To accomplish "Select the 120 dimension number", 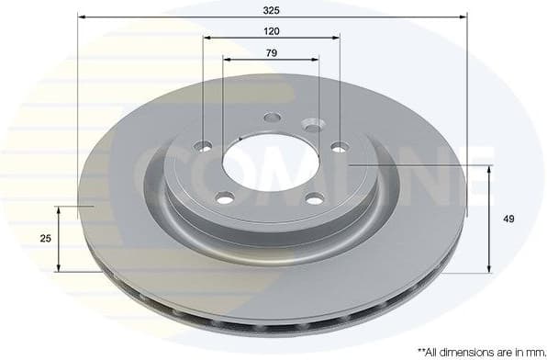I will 271,30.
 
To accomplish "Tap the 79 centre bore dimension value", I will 271,52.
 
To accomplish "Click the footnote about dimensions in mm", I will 475,351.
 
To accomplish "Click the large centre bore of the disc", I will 270,163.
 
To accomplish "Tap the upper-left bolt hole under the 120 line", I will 204,146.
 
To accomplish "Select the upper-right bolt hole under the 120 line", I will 339,146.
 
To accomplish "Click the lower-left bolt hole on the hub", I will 224,197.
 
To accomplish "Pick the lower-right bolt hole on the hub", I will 315,198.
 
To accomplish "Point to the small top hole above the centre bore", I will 272,118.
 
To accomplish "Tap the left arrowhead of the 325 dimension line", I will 82,17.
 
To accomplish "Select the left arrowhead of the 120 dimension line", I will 207,38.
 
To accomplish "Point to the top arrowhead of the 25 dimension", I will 60,210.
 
